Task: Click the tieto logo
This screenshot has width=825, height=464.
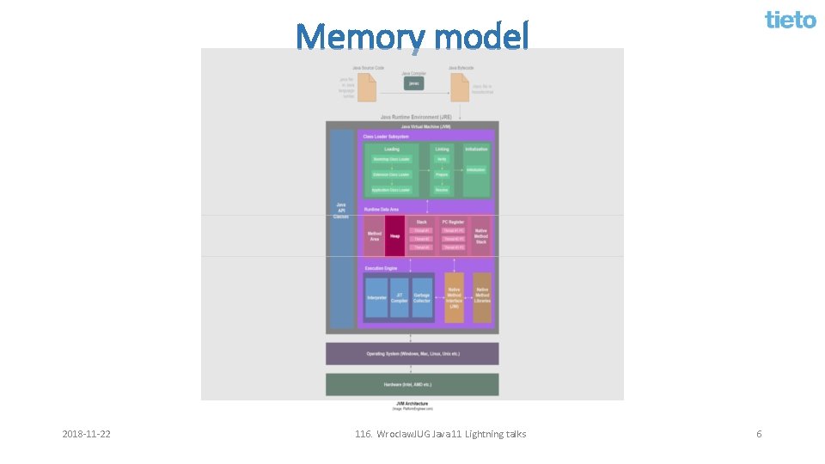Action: tap(791, 19)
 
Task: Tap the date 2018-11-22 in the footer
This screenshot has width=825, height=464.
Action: tap(87, 434)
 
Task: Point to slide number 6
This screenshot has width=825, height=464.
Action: tap(759, 434)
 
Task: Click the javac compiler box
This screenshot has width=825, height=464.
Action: tap(414, 83)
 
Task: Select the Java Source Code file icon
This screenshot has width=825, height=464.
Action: tap(367, 87)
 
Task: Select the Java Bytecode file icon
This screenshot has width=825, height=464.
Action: tap(460, 87)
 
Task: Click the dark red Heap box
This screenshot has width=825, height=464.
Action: tap(394, 235)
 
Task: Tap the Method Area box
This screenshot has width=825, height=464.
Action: tap(375, 235)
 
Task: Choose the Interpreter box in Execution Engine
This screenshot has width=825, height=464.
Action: tap(376, 297)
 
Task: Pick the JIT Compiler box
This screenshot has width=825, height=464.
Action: tap(400, 297)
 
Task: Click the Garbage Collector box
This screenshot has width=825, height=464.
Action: tap(422, 297)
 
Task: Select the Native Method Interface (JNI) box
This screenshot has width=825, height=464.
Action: tap(454, 297)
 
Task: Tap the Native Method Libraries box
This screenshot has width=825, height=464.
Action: tap(482, 297)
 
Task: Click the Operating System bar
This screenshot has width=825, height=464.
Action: tap(412, 353)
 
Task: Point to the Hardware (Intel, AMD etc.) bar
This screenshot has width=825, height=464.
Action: tap(412, 384)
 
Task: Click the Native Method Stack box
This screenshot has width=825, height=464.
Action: tap(481, 235)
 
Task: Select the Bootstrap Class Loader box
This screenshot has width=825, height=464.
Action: tap(391, 159)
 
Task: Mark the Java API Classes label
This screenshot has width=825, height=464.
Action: tap(342, 211)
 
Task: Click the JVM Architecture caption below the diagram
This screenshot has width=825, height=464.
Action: tap(412, 405)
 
